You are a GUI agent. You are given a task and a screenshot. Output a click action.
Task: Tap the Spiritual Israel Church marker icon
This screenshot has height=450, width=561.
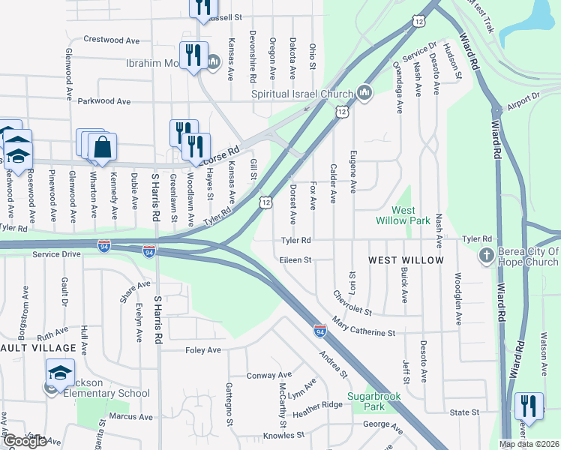point(364,93)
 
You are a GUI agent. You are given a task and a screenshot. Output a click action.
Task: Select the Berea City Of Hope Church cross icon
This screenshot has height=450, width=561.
point(486,256)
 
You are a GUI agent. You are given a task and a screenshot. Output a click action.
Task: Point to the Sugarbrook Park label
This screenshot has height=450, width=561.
point(373,401)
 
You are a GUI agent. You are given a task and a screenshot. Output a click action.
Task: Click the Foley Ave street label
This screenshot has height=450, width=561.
point(203,350)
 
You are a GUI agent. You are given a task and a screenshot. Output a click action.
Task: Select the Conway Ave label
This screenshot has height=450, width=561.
point(269,375)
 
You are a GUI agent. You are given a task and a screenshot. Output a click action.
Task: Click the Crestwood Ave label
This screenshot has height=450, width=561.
point(112,39)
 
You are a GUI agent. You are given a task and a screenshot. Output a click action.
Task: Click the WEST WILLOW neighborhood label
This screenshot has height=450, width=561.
point(406,260)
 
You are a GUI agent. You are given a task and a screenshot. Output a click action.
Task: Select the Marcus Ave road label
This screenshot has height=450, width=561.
point(130,417)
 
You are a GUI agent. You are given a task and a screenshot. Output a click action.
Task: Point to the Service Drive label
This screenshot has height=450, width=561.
point(55,254)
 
